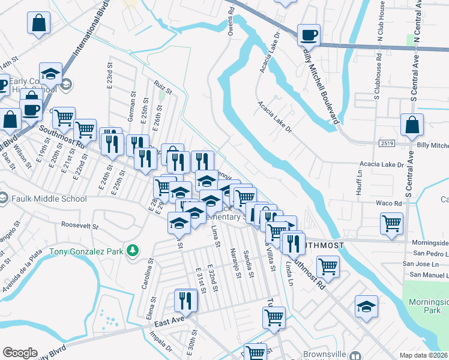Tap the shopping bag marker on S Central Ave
(x=413, y=125)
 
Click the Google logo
(x=20, y=353)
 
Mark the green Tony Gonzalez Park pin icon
(x=134, y=250)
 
